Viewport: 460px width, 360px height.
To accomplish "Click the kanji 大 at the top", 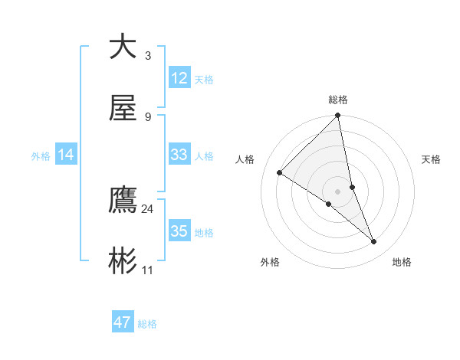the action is click(123, 47).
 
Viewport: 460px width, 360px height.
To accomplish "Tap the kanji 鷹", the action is click(123, 201).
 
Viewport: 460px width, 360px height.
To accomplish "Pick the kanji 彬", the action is click(123, 262).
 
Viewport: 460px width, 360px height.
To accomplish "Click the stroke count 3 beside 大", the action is click(147, 55).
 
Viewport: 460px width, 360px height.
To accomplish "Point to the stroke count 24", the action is click(147, 208).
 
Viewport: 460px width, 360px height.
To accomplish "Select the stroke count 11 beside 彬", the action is click(147, 270).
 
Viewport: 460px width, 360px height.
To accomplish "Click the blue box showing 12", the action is click(179, 78).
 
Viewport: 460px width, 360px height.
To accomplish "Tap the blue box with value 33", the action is click(179, 155).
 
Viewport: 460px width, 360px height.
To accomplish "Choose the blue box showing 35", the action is click(179, 231).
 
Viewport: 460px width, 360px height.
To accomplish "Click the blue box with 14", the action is click(66, 155).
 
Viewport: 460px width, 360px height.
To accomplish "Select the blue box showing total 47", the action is click(123, 322).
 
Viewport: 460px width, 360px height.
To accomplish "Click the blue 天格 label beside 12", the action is click(204, 79).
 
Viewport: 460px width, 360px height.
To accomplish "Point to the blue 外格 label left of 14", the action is click(41, 156).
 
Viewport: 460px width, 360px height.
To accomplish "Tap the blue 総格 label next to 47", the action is click(147, 324).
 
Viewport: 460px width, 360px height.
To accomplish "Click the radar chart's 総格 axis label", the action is click(338, 100).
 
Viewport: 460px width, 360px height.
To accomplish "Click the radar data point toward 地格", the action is click(374, 242).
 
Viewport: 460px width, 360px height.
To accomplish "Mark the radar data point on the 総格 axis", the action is click(338, 116).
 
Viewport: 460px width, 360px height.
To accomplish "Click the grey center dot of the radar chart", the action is click(338, 191).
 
